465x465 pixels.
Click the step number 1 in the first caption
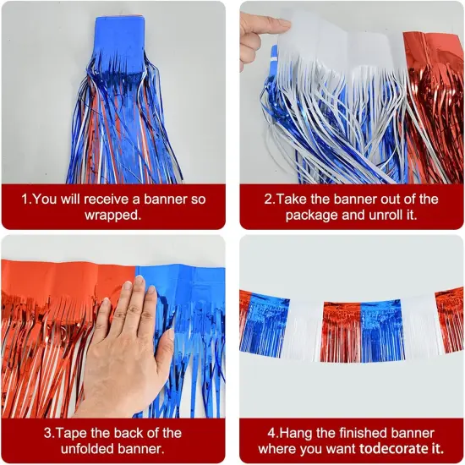point(25,200)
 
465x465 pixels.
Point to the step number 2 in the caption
point(268,200)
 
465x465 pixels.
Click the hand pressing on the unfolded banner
point(127,338)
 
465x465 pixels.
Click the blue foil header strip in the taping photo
point(182,287)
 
